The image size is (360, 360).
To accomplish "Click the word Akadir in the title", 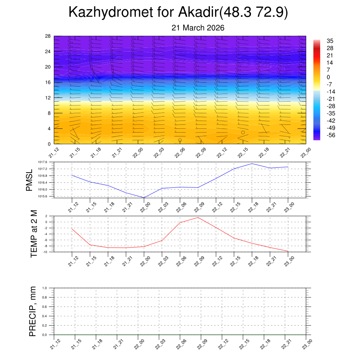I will coord(198,12).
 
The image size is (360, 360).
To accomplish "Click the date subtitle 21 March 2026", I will coord(198,28).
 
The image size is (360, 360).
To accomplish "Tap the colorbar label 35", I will coord(330,41).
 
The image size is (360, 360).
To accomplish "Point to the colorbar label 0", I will coord(328,77).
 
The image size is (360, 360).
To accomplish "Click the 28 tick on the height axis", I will coord(48,36).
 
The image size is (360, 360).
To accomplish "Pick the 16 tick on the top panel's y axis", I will coord(48,82).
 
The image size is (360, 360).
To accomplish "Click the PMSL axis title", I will coord(29,180).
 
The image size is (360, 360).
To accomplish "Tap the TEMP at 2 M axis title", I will coord(34,233).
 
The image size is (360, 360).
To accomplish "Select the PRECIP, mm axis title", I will coord(33,311).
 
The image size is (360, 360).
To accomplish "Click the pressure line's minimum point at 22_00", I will coord(144,198).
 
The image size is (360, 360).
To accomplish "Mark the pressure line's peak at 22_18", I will coord(252,163).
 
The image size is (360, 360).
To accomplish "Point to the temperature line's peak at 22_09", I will coord(198,217).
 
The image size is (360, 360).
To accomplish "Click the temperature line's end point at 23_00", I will coord(288,251).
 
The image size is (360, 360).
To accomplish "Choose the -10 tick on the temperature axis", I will coord(45,252).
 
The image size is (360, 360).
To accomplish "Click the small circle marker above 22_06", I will coord(180,140).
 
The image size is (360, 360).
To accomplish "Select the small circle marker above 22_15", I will coord(243,133).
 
